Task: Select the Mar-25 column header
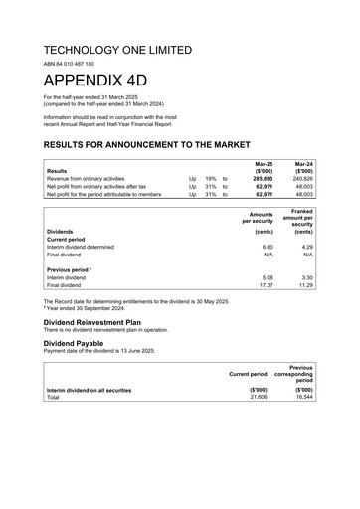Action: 264,161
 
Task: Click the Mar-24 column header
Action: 303,161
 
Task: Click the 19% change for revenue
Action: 211,179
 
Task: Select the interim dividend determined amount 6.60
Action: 267,247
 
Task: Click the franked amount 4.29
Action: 307,247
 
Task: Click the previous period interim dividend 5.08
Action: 267,277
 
